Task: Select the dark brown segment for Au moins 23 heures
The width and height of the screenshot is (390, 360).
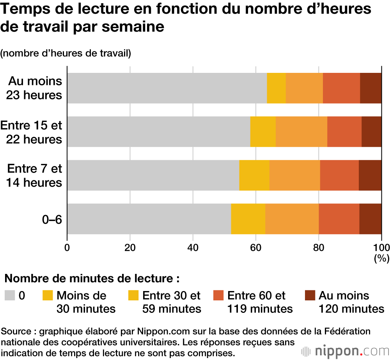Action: [370, 88]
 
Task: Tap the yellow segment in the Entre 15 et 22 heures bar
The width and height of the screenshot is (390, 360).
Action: [263, 132]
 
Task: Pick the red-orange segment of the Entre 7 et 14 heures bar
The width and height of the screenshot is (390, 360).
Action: [339, 175]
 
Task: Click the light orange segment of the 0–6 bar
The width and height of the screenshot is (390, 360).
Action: [292, 219]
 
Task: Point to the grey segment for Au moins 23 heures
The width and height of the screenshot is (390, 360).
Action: [167, 88]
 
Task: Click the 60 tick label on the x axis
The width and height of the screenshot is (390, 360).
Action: [256, 247]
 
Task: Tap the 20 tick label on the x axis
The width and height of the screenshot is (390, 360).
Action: [130, 247]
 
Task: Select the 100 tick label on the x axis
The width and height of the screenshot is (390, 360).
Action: [381, 247]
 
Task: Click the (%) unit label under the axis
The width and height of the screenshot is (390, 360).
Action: [379, 258]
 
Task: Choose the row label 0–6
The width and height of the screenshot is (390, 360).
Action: [52, 219]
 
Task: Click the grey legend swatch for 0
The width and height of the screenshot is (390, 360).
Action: [9, 296]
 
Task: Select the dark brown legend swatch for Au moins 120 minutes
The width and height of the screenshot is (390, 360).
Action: [310, 296]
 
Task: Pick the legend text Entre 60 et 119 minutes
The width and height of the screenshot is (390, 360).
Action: [260, 302]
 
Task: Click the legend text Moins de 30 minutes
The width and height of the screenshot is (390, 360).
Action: [86, 302]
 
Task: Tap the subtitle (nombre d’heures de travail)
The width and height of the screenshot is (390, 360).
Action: [66, 53]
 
